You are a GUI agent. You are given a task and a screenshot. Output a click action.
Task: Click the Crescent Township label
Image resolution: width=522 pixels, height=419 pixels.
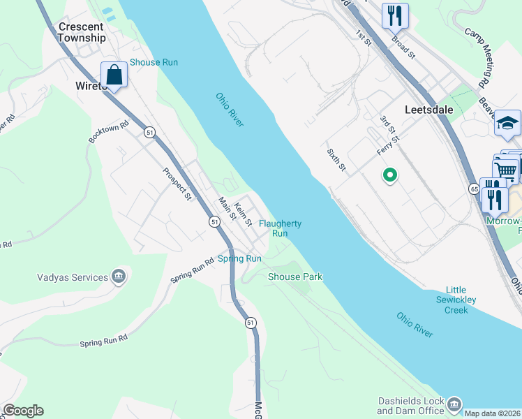coord(82,32)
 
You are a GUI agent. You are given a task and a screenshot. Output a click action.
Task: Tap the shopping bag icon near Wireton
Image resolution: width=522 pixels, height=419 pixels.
coord(114,74)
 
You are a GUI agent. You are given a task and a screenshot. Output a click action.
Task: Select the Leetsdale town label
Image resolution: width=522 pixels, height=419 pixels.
coord(428,110)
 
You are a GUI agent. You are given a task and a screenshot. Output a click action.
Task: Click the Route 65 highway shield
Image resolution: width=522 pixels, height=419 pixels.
coord(474,189)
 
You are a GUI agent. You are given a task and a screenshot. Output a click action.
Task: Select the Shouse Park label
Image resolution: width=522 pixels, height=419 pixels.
coord(295,277)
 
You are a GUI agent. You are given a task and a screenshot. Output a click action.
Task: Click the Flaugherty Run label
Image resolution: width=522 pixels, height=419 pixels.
coord(280,228)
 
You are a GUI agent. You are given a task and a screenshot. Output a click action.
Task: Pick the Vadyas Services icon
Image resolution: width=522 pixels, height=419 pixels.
coord(119,277)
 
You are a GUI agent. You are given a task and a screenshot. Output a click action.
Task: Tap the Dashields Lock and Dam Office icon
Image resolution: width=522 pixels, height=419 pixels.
coord(454,405)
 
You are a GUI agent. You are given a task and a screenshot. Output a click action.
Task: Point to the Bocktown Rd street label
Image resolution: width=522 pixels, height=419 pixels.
coord(109,133)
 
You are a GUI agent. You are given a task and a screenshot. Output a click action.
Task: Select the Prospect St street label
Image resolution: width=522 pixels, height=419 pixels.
coord(177,184)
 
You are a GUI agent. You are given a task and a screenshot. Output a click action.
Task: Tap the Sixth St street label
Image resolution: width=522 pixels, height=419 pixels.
coord(336,159)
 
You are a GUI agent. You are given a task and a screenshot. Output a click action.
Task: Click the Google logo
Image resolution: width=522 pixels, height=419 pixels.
coord(23,411)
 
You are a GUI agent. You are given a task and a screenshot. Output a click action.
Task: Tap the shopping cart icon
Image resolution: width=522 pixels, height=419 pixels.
coord(506,169)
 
